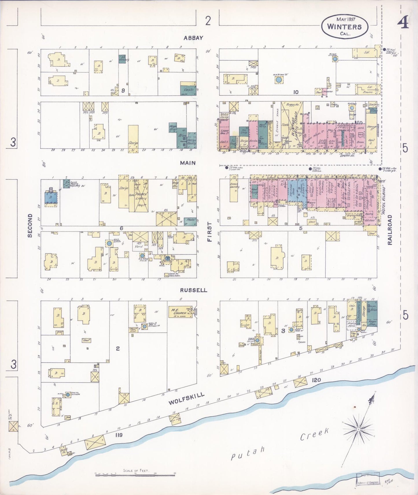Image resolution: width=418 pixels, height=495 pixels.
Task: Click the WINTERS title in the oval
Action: click(344, 27)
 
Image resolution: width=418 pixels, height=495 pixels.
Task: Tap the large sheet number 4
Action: click(403, 23)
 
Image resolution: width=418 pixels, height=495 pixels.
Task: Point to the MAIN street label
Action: click(188, 163)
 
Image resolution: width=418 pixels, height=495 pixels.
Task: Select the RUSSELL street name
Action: click(194, 290)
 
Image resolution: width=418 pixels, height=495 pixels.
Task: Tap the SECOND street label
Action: click(30, 226)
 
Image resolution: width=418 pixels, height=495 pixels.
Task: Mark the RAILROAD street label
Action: click(390, 230)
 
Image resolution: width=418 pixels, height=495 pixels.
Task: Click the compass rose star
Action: click(359, 429)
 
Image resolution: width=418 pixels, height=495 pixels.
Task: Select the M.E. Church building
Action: click(181, 312)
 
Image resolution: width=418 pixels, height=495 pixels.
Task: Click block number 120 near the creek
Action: click(316, 380)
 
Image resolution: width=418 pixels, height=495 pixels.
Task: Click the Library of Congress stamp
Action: click(368, 482)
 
